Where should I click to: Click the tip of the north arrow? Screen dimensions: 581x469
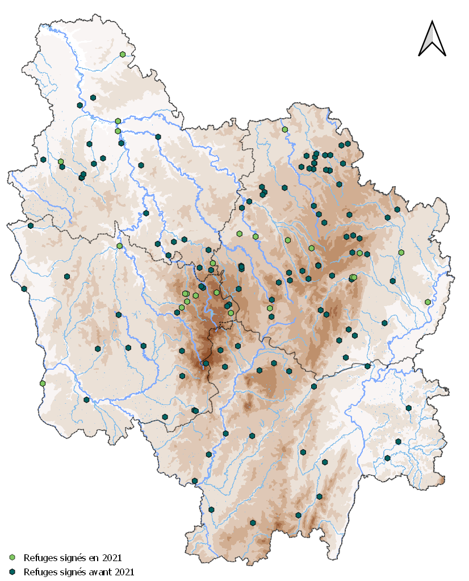coord(432,22)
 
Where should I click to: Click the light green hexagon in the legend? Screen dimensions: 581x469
coord(12,558)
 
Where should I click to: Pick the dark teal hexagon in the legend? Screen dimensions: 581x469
coord(12,572)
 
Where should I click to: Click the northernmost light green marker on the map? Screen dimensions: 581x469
coord(123,55)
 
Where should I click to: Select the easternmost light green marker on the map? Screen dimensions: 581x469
coord(428,302)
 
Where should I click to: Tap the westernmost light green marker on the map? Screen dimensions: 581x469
coord(43,383)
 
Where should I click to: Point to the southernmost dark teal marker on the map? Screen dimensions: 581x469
coord(253,523)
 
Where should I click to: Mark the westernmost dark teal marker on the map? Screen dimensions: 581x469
coord(24,289)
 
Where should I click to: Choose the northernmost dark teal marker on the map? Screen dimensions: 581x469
coord(93,98)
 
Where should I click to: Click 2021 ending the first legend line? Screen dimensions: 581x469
coord(109,558)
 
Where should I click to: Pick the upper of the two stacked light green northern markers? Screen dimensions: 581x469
coord(118,121)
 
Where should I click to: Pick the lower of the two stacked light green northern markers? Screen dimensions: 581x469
coord(118,131)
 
